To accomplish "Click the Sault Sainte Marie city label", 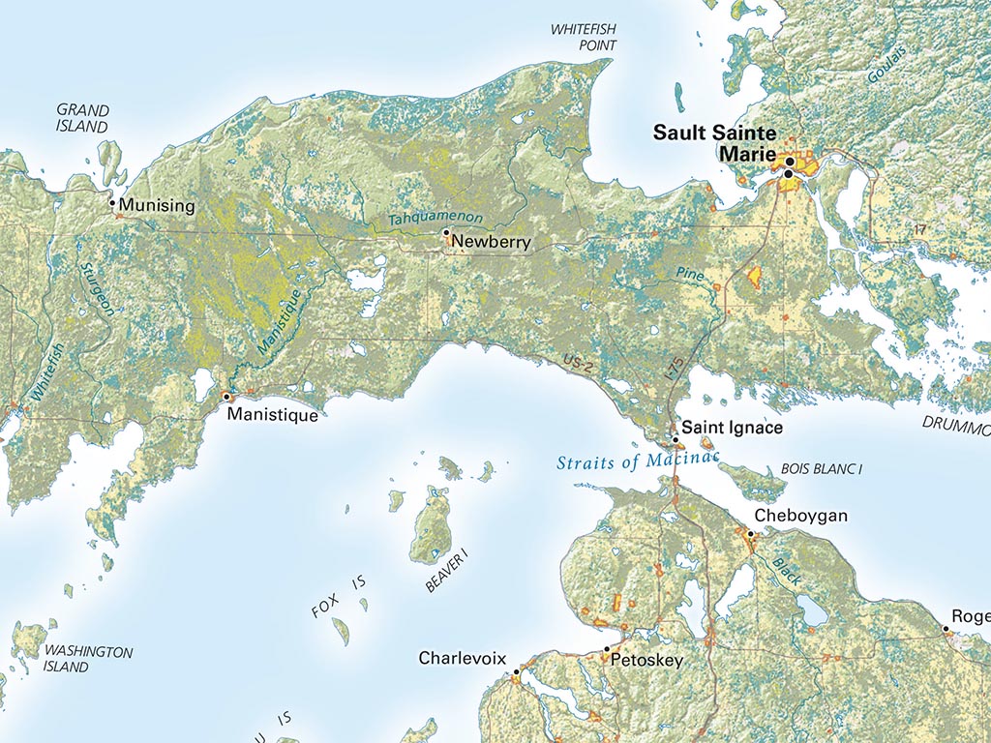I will (x=714, y=142).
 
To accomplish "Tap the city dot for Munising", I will (x=112, y=202).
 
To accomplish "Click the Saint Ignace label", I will (x=732, y=427).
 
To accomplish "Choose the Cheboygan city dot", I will (x=750, y=533).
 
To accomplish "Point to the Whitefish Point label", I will (x=584, y=37).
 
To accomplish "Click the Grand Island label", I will (x=82, y=118).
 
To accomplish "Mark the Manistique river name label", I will (x=282, y=318).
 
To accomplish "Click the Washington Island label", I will (x=87, y=659).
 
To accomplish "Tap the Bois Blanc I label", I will (x=821, y=469).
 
